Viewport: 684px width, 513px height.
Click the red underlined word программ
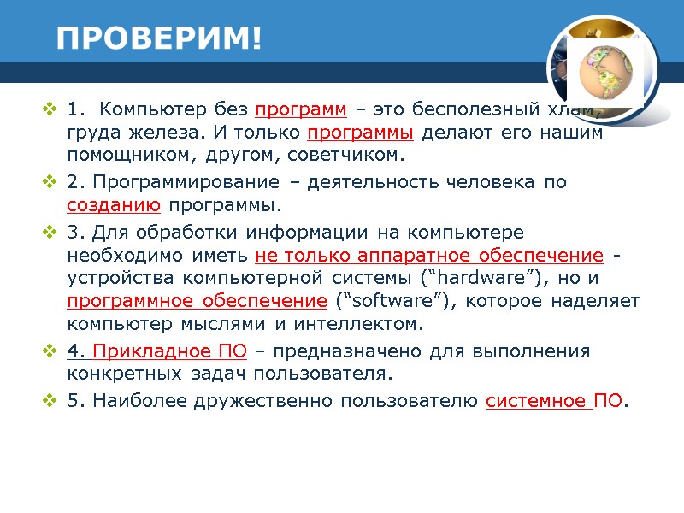[x=301, y=110]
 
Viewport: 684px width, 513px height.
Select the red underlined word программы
[x=360, y=133]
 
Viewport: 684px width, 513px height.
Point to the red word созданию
[x=114, y=206]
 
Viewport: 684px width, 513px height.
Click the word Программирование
[x=184, y=183]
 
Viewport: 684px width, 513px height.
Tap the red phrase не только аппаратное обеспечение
[x=430, y=256]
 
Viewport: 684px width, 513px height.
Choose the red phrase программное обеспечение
[x=197, y=302]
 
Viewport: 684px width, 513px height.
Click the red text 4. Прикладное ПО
[x=156, y=351]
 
